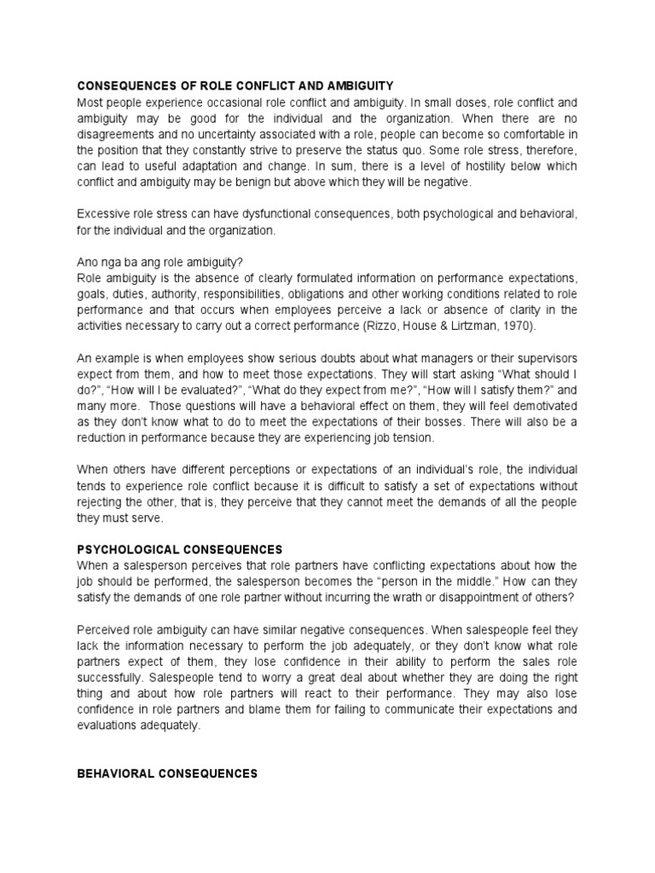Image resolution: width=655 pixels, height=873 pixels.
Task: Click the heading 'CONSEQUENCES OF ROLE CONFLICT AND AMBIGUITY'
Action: click(235, 86)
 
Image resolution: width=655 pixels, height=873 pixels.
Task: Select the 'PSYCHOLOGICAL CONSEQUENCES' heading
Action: click(180, 549)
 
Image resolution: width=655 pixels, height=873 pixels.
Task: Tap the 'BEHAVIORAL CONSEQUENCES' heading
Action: click(167, 773)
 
